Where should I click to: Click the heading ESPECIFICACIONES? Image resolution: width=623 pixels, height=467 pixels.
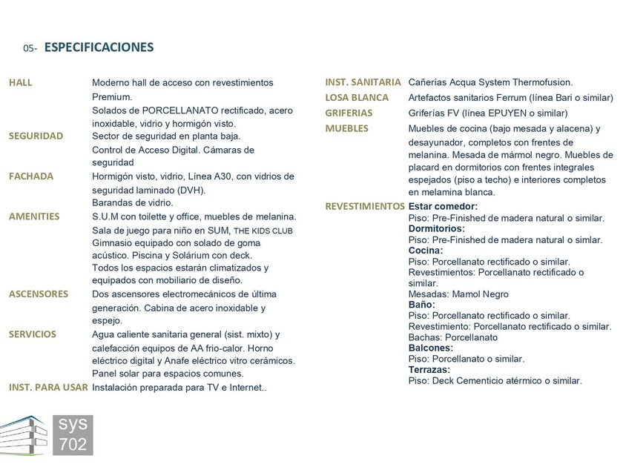click(99, 47)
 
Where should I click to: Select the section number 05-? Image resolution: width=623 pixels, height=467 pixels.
click(30, 49)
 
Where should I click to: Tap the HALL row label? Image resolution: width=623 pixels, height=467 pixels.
click(21, 82)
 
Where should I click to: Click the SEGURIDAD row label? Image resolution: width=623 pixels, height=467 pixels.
click(36, 136)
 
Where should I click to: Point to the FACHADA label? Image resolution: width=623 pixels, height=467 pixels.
click(31, 176)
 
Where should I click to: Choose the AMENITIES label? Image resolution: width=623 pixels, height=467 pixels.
click(34, 216)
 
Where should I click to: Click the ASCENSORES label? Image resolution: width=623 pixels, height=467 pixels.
click(39, 294)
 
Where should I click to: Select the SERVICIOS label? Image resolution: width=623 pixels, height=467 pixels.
click(33, 334)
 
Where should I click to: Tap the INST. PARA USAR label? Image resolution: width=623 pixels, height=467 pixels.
click(48, 387)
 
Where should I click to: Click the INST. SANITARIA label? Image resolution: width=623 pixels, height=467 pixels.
click(363, 82)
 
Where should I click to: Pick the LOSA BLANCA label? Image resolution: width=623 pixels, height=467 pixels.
click(357, 97)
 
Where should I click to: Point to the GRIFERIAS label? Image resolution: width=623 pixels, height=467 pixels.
click(349, 113)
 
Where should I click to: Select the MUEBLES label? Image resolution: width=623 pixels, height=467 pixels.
click(346, 128)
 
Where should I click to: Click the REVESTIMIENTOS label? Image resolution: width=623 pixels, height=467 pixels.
click(365, 206)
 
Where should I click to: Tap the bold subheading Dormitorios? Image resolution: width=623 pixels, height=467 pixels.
click(437, 229)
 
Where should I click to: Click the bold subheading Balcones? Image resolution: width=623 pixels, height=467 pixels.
click(431, 348)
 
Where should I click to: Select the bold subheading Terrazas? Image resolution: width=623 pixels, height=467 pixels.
click(429, 369)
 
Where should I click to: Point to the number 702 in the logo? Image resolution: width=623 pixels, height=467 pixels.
click(73, 444)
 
